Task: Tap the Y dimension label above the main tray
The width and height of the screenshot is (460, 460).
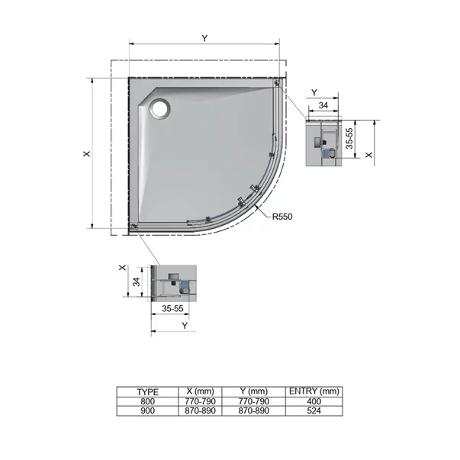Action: (204, 37)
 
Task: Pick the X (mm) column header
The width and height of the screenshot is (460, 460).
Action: (202, 391)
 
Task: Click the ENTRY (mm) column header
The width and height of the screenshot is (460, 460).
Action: (314, 391)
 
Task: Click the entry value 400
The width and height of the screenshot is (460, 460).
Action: (314, 401)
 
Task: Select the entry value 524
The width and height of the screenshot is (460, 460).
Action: (314, 410)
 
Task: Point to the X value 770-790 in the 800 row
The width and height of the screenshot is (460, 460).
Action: (202, 401)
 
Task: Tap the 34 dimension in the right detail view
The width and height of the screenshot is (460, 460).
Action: (323, 105)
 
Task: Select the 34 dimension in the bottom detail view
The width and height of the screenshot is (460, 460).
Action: (137, 281)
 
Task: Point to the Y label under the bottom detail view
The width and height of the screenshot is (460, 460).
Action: (185, 325)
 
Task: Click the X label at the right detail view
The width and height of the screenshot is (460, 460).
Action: (369, 153)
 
